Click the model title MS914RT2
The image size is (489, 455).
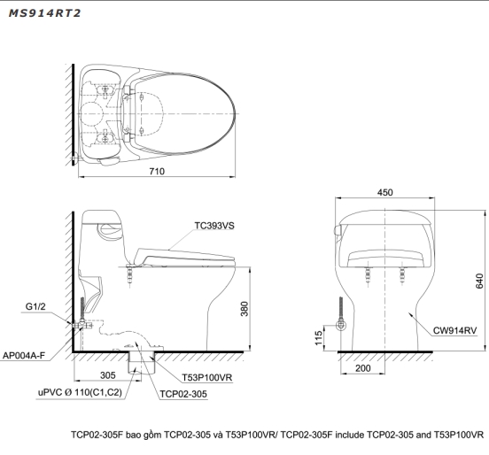tap(44, 13)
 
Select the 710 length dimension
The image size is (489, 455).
tap(157, 172)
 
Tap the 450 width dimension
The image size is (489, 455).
tap(384, 192)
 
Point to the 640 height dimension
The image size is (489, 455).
tap(479, 281)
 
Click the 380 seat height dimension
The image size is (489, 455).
tap(244, 309)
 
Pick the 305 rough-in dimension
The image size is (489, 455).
tap(107, 375)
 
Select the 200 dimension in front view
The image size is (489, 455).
tap(362, 368)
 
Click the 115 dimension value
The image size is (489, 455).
tap(318, 338)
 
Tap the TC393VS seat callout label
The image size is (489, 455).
tap(214, 226)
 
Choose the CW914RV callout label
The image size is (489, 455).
tap(454, 331)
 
